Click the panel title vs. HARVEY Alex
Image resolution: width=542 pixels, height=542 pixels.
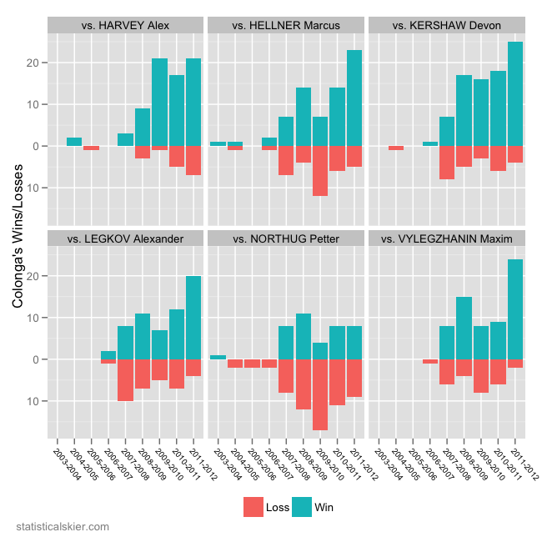click(x=125, y=25)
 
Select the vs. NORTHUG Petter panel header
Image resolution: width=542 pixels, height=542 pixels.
click(x=285, y=238)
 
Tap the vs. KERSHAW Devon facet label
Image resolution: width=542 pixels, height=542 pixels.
click(x=446, y=25)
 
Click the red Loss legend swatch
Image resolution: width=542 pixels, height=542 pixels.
click(x=253, y=505)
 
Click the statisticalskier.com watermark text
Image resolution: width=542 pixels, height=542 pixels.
click(x=63, y=527)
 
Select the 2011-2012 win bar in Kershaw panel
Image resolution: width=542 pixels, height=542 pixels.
click(x=514, y=93)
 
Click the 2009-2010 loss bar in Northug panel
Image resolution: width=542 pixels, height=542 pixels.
click(x=320, y=394)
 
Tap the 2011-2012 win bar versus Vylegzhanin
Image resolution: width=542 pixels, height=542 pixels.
click(x=514, y=309)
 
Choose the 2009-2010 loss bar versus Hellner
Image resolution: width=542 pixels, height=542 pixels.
click(x=320, y=171)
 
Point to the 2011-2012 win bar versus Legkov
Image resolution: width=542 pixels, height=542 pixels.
click(x=193, y=318)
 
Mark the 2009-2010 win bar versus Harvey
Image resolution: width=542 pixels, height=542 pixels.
click(x=159, y=102)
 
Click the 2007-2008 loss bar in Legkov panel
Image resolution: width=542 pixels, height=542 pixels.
click(x=125, y=380)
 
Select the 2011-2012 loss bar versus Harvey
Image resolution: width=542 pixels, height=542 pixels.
click(x=193, y=160)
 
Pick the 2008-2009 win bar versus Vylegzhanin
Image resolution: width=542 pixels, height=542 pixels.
click(x=464, y=328)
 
